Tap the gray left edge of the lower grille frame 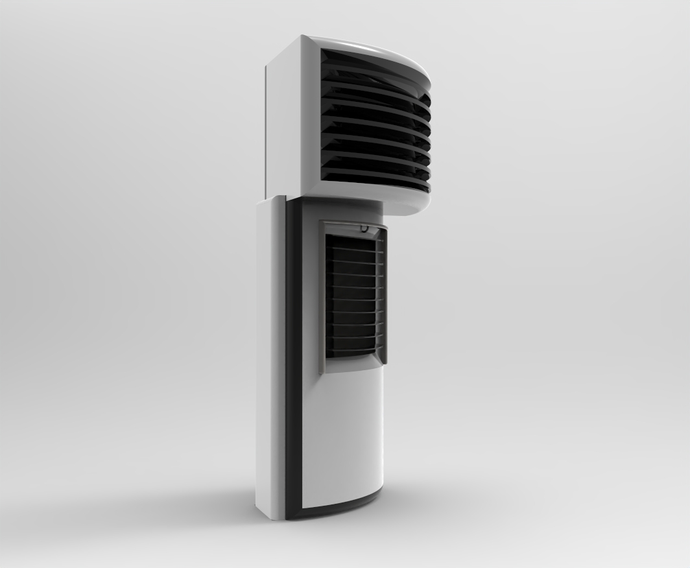[x=324, y=298]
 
